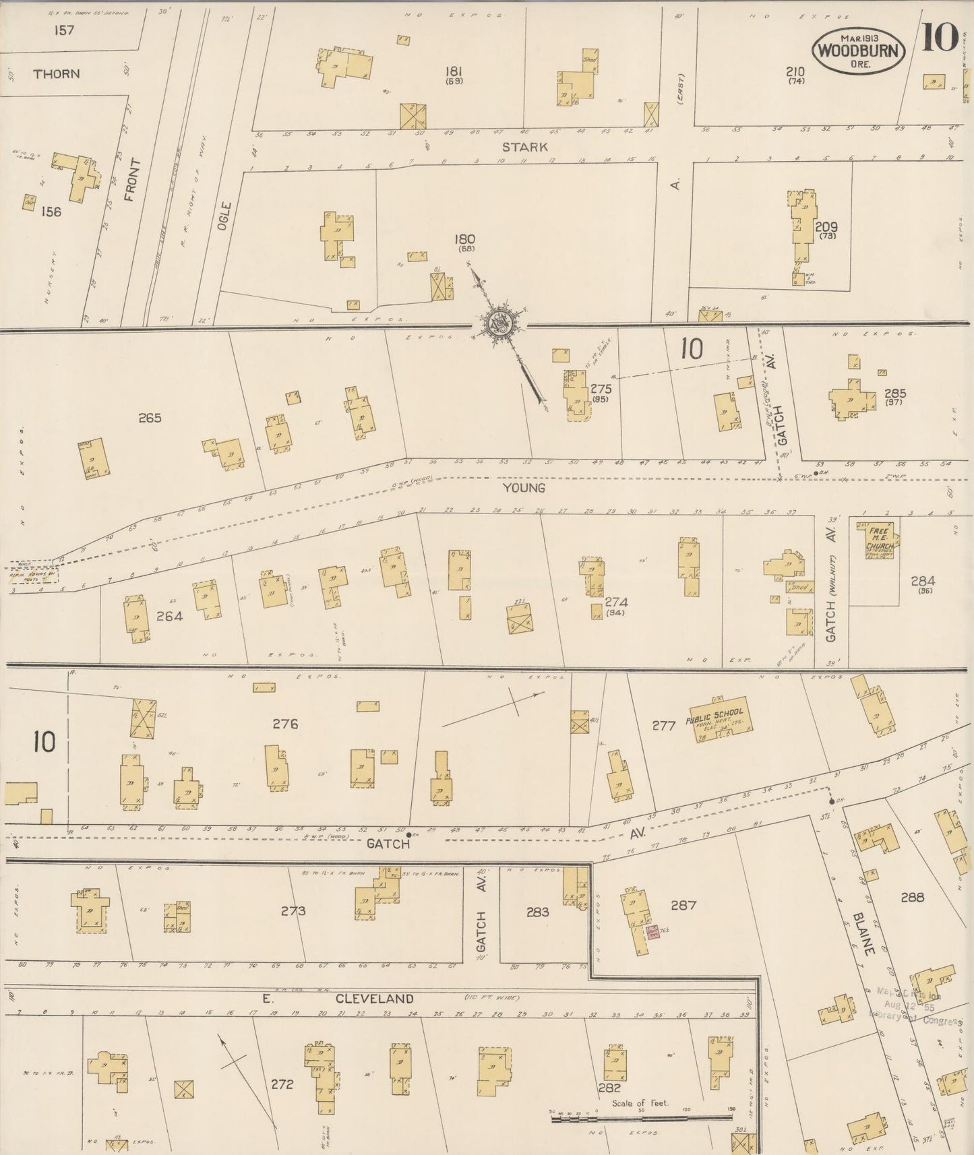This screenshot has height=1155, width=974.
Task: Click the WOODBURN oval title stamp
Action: [859, 51]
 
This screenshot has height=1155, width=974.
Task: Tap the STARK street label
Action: [524, 146]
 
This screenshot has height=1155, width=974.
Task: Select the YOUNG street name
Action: [524, 487]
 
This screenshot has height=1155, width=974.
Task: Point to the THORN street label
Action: [57, 73]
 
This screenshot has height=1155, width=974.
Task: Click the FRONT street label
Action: [131, 180]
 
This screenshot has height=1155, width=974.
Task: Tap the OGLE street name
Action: [224, 217]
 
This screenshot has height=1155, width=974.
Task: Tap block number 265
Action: [150, 418]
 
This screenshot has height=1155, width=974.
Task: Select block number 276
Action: [285, 724]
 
